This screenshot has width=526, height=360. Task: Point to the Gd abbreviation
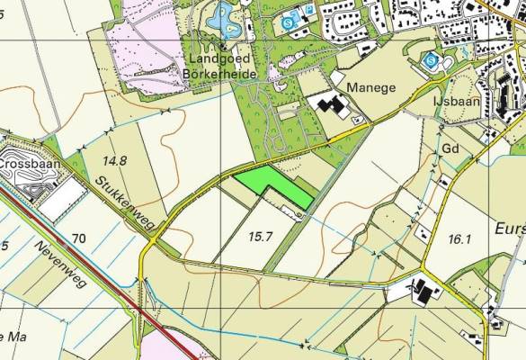click(x=451, y=147)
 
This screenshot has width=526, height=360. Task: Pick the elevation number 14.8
click(x=114, y=161)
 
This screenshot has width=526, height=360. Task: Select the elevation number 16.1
click(x=458, y=238)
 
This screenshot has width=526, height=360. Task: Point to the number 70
click(x=79, y=238)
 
